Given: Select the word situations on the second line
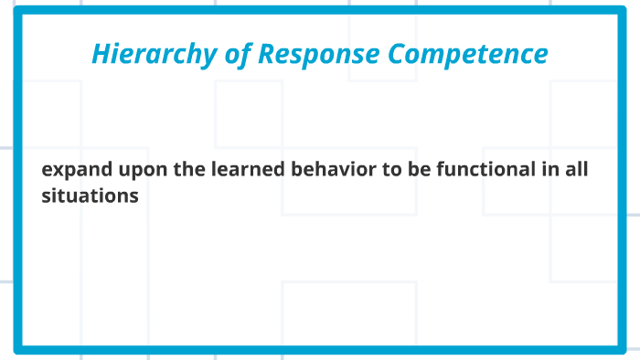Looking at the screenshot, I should tap(90, 196).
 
